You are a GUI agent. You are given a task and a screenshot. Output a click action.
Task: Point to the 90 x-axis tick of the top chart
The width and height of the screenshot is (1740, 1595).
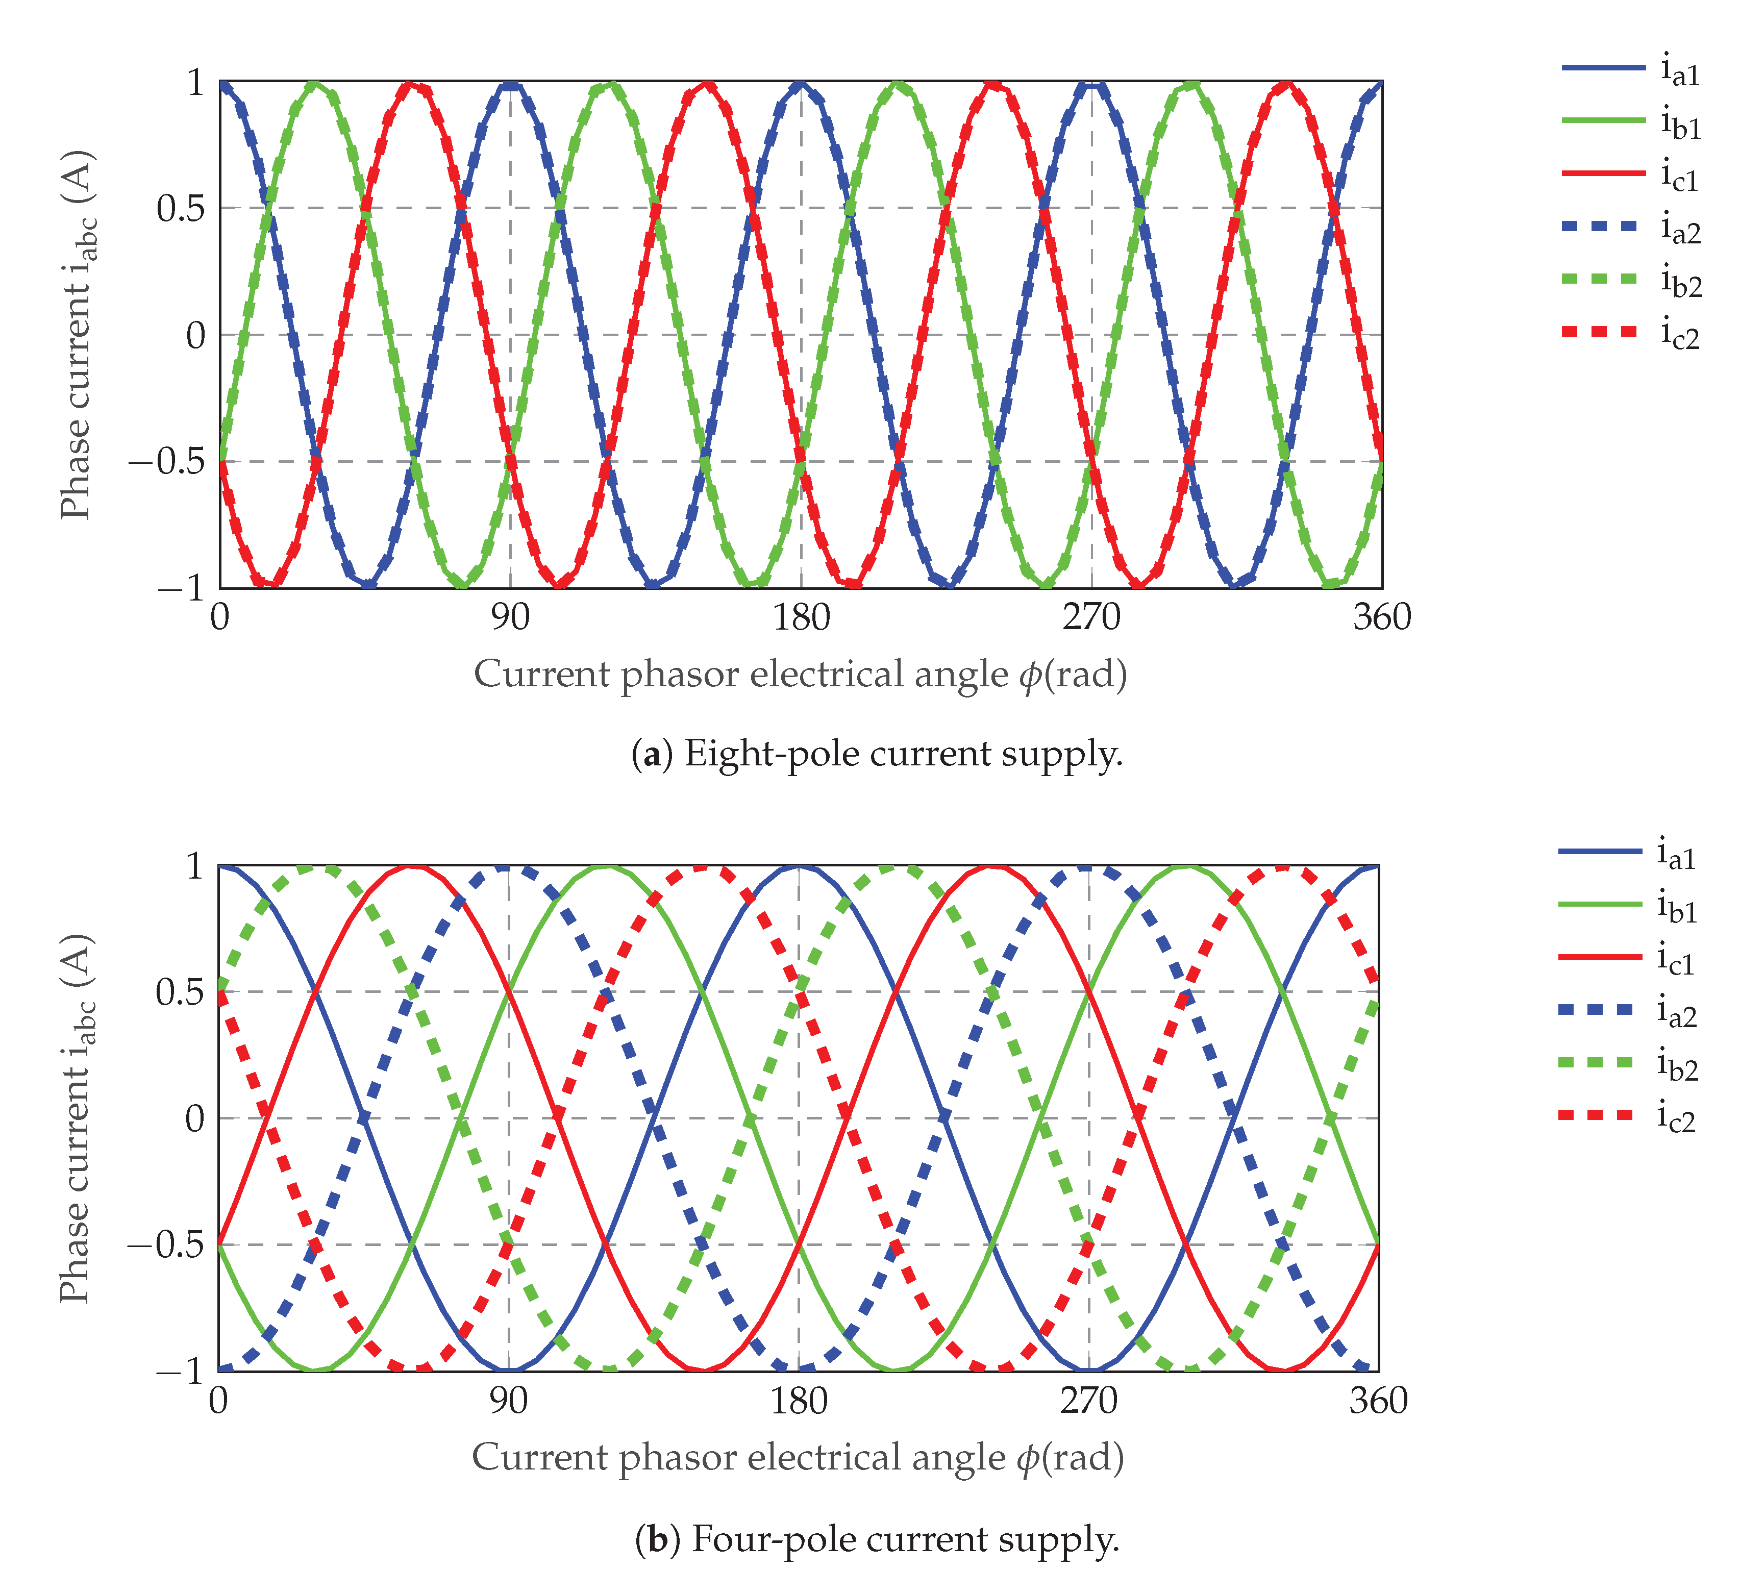pyautogui.click(x=510, y=618)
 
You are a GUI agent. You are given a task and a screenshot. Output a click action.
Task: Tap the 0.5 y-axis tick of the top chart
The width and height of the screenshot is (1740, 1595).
pyautogui.click(x=181, y=209)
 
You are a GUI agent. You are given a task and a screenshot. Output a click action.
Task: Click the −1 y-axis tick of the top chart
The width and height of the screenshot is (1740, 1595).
pyautogui.click(x=181, y=589)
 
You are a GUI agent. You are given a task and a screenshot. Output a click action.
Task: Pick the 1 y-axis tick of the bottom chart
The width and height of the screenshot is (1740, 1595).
pyautogui.click(x=195, y=866)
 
